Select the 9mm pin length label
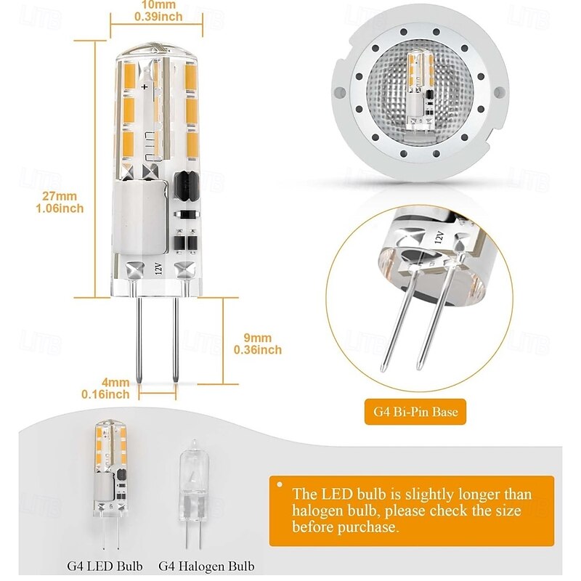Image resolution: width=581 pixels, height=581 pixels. [x=258, y=338]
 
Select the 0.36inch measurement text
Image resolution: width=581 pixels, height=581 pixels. [x=258, y=350]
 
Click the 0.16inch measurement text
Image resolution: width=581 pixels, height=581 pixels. [x=106, y=394]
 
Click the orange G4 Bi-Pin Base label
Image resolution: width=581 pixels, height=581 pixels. [x=415, y=413]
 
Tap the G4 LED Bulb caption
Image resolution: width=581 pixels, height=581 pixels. [x=105, y=566]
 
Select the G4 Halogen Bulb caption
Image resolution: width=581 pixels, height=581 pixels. [x=207, y=566]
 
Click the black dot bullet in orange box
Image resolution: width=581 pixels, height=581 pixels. [x=279, y=482]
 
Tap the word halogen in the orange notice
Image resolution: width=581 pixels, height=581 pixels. [x=320, y=511]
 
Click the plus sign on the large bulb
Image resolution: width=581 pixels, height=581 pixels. [x=145, y=86]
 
